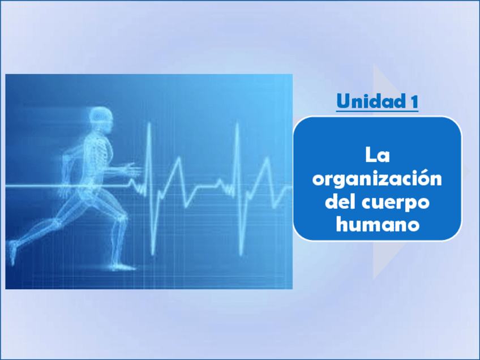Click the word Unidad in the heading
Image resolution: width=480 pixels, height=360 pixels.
pyautogui.click(x=370, y=102)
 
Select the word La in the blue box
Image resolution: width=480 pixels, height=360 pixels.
pyautogui.click(x=377, y=155)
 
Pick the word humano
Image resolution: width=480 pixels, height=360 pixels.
pyautogui.click(x=377, y=224)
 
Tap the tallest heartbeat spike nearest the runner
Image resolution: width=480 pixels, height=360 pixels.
pyautogui.click(x=149, y=127)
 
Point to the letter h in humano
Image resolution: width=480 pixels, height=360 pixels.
pyautogui.click(x=341, y=224)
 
